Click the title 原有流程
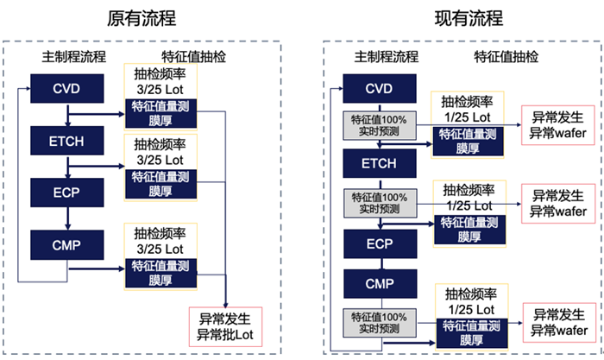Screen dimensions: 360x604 142,18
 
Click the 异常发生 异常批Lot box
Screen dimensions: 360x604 223,326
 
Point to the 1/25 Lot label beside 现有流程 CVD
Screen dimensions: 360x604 467,114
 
